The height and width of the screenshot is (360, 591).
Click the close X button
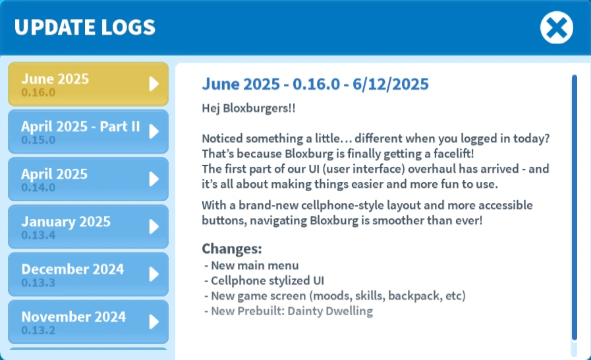pos(556,28)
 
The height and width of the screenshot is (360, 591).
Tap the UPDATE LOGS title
pos(85,28)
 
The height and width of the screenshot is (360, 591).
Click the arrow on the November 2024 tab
pos(154,322)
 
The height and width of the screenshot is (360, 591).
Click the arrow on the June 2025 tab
pos(154,84)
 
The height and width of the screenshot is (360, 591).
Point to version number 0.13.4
pos(38,235)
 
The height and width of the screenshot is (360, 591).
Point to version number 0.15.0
pos(38,140)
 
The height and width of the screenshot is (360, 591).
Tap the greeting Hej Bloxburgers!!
pos(248,108)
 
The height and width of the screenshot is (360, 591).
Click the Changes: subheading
pos(232,249)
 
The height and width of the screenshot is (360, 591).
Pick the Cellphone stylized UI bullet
pos(264,280)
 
